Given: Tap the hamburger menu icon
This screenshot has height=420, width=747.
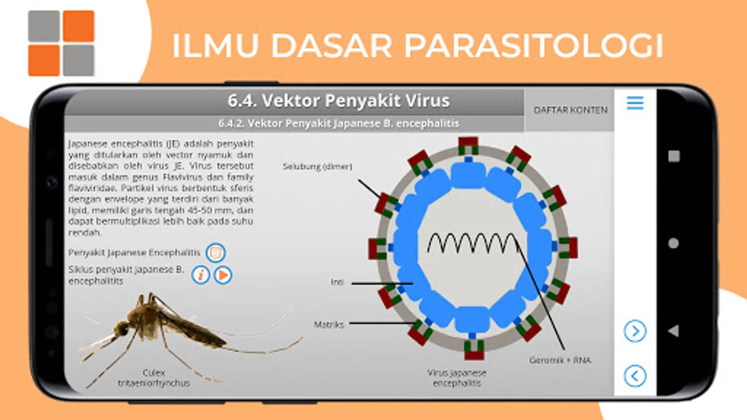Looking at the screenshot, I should tap(635, 103).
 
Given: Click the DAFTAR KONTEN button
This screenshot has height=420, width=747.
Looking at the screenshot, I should tap(570, 110).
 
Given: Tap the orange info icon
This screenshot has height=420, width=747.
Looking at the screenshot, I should tap(201, 275).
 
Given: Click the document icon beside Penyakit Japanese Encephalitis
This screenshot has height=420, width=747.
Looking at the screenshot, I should tap(215, 253).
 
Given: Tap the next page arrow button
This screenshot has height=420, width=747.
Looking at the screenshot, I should tap(635, 331).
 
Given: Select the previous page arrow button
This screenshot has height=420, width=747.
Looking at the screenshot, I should tap(635, 376).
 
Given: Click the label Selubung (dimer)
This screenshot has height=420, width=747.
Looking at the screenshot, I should tap(317, 167).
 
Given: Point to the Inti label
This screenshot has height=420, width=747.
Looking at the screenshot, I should tap(337, 282).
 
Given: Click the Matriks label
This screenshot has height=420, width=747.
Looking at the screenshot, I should tap(329, 324).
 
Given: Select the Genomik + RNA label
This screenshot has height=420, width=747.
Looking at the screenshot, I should tap(560, 360).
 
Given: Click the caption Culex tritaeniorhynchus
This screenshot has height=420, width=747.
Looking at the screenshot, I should tap(154, 378).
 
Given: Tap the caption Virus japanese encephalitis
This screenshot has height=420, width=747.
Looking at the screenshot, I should tap(457, 378).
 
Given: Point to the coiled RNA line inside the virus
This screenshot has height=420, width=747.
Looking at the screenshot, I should tap(472, 243).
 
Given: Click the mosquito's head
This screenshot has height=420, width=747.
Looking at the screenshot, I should tap(122, 329).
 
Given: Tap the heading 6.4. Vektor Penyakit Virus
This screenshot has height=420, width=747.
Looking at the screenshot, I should tap(338, 101).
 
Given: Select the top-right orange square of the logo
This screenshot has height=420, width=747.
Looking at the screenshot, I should tap(78, 26).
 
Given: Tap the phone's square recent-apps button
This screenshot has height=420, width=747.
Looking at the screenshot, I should tap(674, 156).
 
